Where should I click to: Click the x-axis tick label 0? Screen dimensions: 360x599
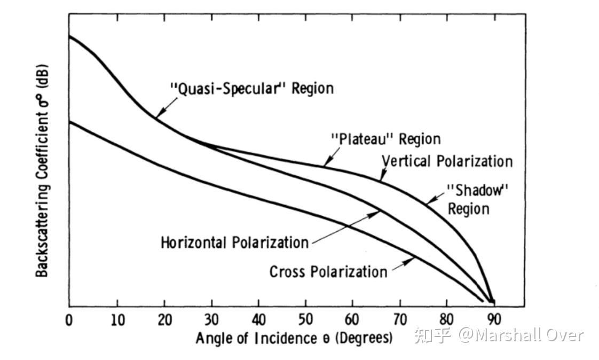(x=69, y=320)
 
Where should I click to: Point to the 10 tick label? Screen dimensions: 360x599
(x=117, y=320)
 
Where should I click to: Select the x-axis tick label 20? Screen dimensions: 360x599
(x=164, y=320)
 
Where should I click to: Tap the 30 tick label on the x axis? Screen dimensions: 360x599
(x=212, y=320)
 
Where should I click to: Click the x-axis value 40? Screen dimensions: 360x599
(x=259, y=320)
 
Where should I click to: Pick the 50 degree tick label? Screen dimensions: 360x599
(x=306, y=320)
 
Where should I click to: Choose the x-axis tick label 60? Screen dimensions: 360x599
(x=353, y=320)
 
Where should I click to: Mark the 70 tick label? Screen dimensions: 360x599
(x=400, y=320)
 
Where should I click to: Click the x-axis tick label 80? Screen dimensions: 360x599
(x=447, y=320)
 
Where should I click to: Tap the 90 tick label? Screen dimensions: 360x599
(x=494, y=320)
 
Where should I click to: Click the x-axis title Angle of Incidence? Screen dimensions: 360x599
(x=294, y=338)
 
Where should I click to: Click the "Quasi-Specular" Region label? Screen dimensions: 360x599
(x=251, y=88)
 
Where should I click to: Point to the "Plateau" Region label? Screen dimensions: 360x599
(x=386, y=139)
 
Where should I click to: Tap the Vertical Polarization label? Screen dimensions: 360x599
(x=447, y=161)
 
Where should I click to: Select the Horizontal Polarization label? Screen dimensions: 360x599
(x=235, y=242)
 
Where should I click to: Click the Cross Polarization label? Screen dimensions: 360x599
(x=328, y=272)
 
